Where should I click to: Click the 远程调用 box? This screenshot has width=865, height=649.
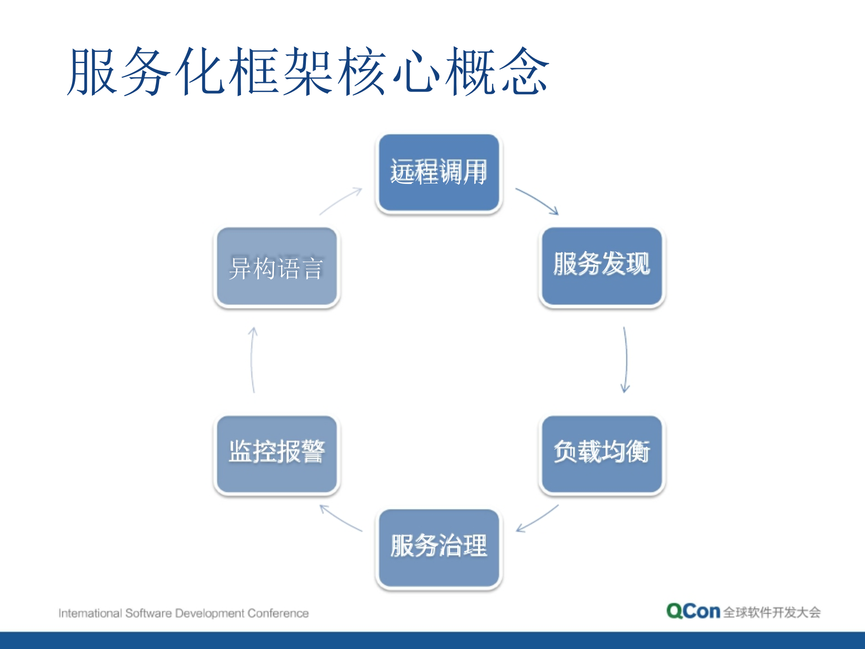pyautogui.click(x=439, y=172)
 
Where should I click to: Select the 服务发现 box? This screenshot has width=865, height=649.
pyautogui.click(x=602, y=266)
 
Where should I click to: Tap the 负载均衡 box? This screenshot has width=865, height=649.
pyautogui.click(x=602, y=453)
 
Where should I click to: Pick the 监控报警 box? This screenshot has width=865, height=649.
pyautogui.click(x=277, y=453)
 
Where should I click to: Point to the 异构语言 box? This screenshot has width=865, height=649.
pyautogui.click(x=277, y=267)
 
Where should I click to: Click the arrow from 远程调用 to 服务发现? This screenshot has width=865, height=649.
pyautogui.click(x=537, y=200)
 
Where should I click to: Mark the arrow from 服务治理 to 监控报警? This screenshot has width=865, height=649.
pyautogui.click(x=341, y=518)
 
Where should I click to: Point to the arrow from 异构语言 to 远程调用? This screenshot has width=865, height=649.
pyautogui.click(x=341, y=201)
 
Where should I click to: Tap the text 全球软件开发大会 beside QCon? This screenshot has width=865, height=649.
pyautogui.click(x=772, y=612)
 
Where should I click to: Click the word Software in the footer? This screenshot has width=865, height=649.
pyautogui.click(x=148, y=613)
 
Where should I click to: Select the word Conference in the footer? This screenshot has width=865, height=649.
pyautogui.click(x=278, y=613)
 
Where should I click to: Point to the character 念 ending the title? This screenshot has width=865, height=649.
pyautogui.click(x=524, y=72)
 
